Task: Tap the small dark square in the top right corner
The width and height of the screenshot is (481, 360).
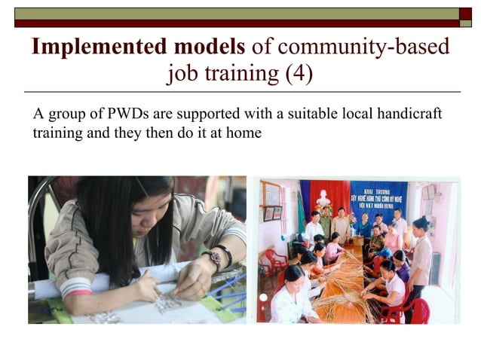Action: tap(465, 13)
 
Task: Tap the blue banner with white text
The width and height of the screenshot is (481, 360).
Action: tap(378, 197)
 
